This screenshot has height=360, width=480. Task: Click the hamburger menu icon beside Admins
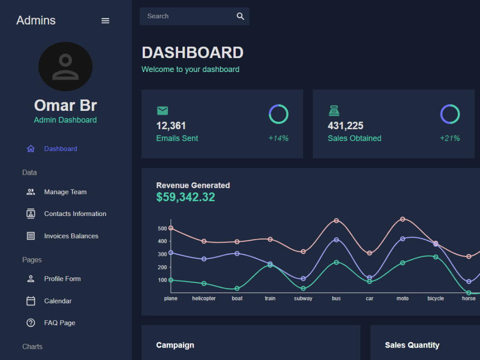coord(105,21)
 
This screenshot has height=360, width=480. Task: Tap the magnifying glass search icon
coord(240,16)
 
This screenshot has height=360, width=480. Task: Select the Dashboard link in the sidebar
coord(60,149)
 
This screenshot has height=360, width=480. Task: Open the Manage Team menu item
coord(65,192)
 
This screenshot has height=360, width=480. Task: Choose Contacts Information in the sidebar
coord(75,214)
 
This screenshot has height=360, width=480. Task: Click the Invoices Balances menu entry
coord(71,236)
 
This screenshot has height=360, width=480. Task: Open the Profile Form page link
coord(62,279)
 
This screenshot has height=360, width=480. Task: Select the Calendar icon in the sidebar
coord(31,301)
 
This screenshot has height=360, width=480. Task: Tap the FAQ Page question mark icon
coord(31,323)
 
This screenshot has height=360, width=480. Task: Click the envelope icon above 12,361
coord(163,110)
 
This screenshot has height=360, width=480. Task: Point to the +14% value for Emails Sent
coord(278,138)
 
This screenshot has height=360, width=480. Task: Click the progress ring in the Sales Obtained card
coord(450,105)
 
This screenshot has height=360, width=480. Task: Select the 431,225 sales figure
coord(345,125)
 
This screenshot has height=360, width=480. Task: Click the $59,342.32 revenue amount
coord(185,197)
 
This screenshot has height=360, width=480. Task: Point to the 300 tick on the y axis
coord(162,254)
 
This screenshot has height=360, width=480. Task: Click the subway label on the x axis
coord(303,299)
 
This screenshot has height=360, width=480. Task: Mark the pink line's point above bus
coord(336,221)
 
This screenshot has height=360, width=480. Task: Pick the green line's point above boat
coord(237,288)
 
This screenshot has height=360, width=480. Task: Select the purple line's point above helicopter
coord(204,259)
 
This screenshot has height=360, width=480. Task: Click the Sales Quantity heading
coord(412,345)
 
